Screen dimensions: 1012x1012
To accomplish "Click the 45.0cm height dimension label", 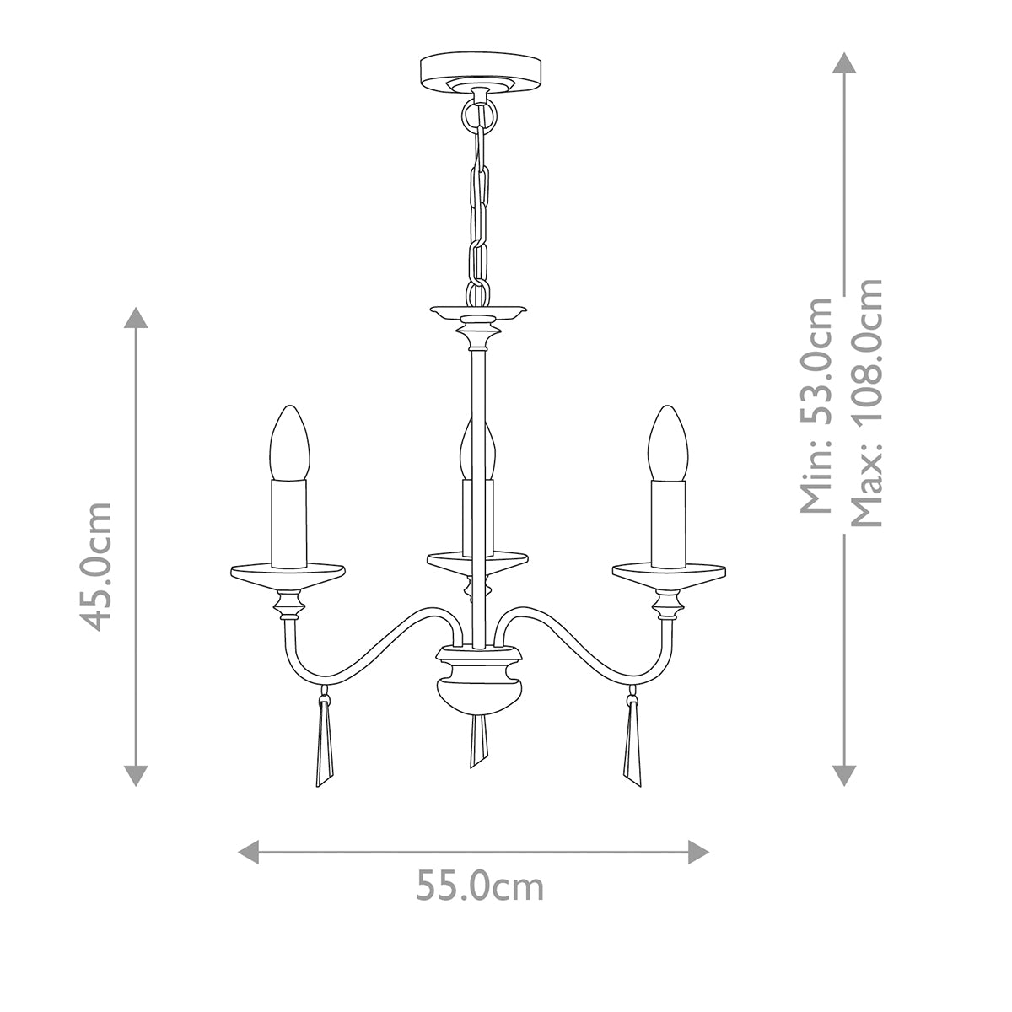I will pyautogui.click(x=93, y=566).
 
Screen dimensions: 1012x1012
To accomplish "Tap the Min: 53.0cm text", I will pyautogui.click(x=816, y=405).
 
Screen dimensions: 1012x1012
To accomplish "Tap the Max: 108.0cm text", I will pyautogui.click(x=866, y=403).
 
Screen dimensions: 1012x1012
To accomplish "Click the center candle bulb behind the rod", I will pyautogui.click(x=469, y=447).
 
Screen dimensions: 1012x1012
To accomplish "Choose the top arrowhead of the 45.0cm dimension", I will pyautogui.click(x=136, y=319).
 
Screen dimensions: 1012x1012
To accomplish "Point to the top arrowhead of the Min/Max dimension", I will pyautogui.click(x=844, y=63).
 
